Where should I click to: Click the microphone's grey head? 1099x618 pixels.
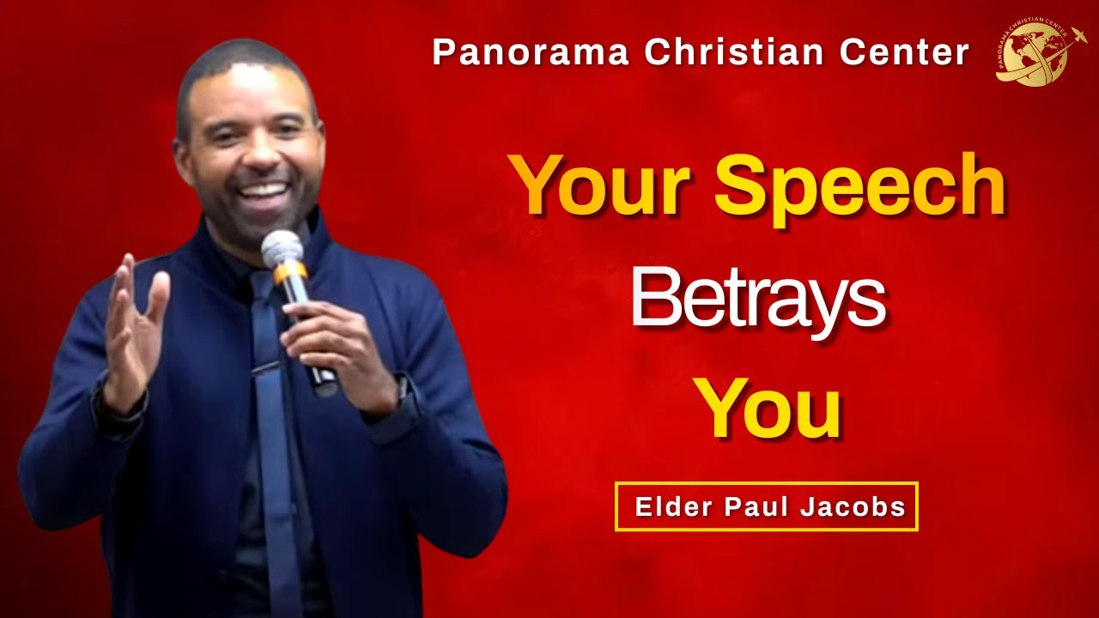pyautogui.click(x=282, y=248)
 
